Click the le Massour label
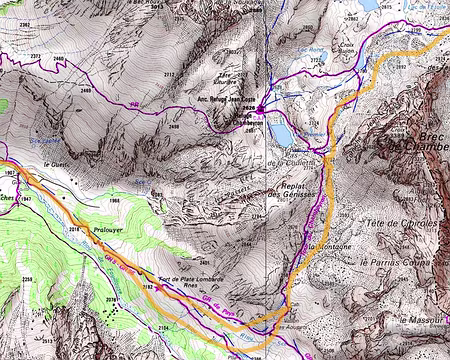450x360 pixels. pyautogui.click(x=423, y=319)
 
